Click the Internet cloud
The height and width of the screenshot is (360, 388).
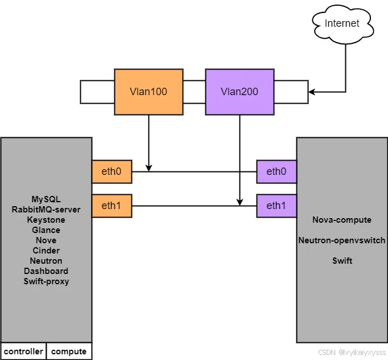[x=342, y=23]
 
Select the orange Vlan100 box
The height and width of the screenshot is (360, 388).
[x=148, y=92]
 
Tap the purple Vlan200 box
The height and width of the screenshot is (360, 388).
[x=240, y=92]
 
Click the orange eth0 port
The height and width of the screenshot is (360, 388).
[x=112, y=171]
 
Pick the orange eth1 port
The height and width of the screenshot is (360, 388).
[x=112, y=206]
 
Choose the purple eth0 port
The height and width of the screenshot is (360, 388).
[x=276, y=171]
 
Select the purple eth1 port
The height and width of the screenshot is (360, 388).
[x=276, y=206]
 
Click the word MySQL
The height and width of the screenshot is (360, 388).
[x=46, y=199]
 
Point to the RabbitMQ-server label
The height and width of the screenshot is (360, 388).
[x=46, y=210]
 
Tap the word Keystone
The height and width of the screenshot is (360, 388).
[x=46, y=220]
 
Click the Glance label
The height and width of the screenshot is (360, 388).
[x=46, y=230]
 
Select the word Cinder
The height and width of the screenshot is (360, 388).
[x=46, y=251]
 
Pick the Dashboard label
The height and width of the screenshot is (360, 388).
[x=46, y=271]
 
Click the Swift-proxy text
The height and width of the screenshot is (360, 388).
[x=46, y=281]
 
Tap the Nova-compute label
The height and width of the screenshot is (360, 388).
[x=342, y=220]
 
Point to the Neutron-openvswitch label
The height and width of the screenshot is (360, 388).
[x=342, y=240]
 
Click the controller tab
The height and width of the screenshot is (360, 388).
[x=23, y=351]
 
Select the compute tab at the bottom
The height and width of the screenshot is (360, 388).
[x=69, y=351]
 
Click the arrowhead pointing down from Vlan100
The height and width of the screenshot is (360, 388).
[x=148, y=167]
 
